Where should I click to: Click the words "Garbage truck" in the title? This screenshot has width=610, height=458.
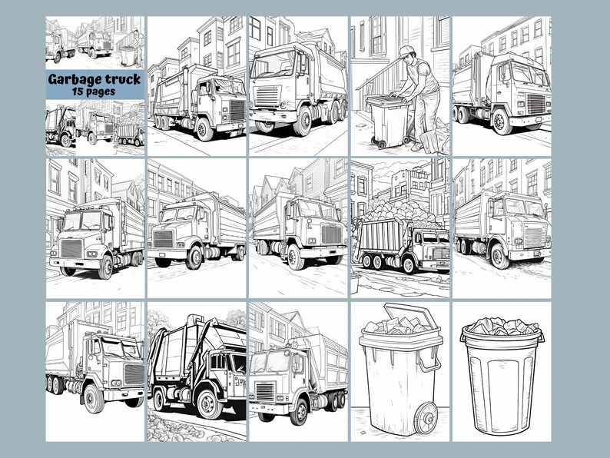94,79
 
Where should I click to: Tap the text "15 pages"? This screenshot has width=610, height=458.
94,91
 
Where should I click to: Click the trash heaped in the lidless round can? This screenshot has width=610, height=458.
501,327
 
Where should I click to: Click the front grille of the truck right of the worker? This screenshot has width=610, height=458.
535,104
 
